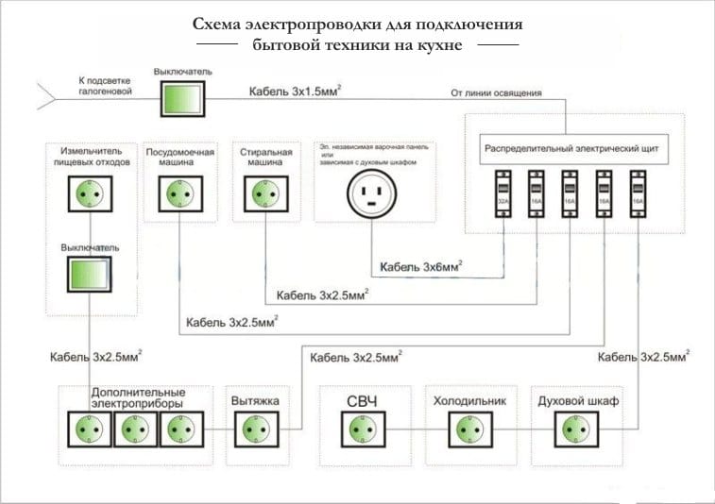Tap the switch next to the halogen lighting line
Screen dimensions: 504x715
[x=179, y=96]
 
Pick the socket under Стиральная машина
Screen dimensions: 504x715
[x=262, y=194]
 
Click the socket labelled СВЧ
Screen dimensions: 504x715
[x=361, y=429]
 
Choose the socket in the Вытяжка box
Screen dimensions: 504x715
[x=253, y=429]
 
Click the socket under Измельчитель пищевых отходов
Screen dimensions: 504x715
[x=87, y=194]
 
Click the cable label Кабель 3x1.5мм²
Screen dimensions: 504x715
[x=295, y=91]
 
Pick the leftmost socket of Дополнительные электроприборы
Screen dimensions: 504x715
[x=87, y=429]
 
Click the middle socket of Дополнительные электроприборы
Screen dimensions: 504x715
[x=132, y=429]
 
